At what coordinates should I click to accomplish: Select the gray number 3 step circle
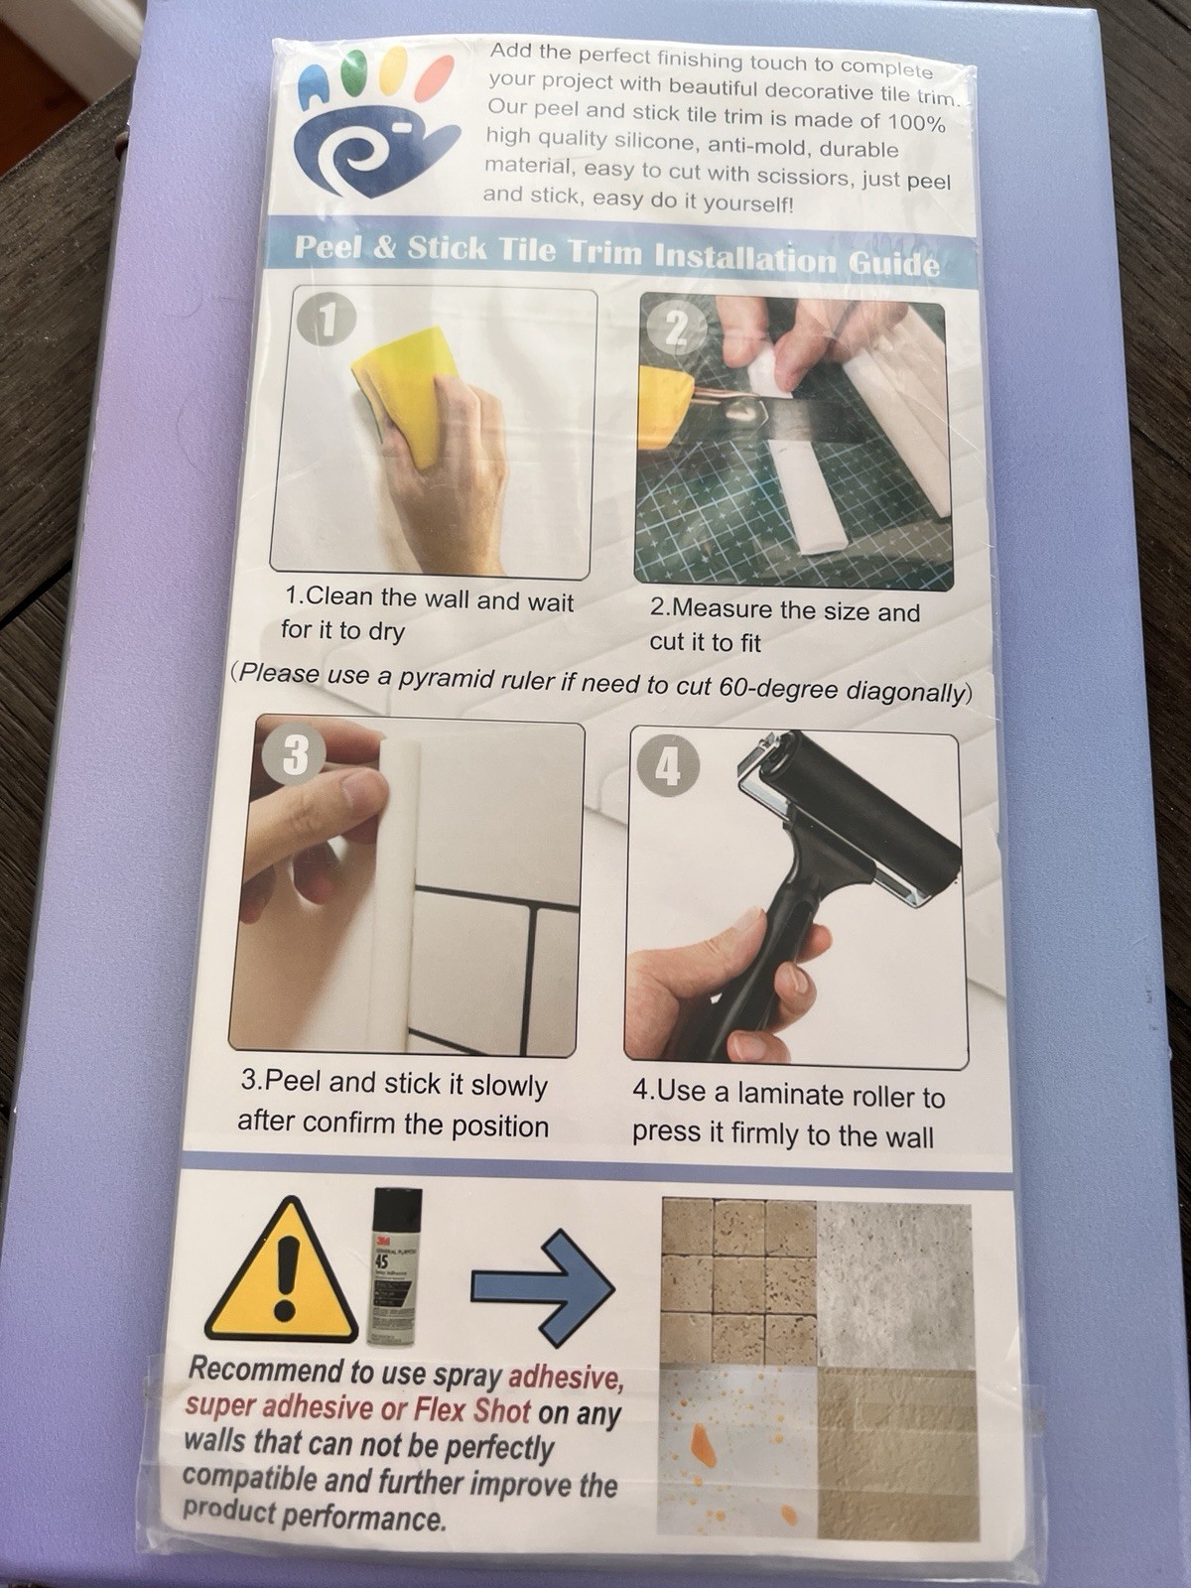point(295,754)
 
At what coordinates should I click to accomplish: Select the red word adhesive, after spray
point(565,1380)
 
